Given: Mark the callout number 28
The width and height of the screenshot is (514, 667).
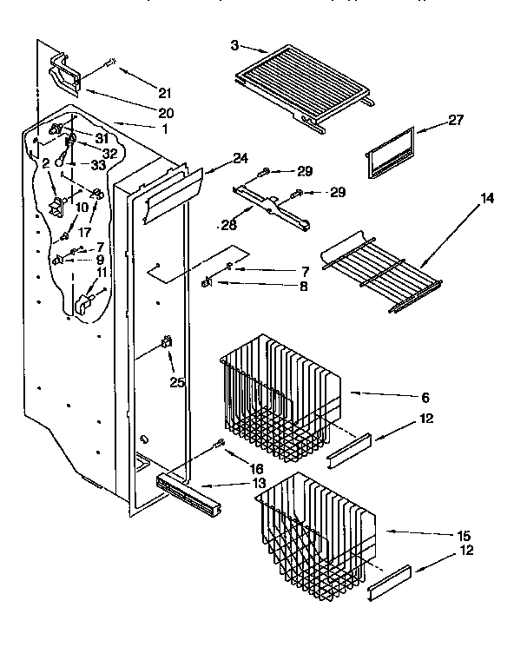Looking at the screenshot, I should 228,225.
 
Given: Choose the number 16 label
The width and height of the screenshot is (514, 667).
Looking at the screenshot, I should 233,468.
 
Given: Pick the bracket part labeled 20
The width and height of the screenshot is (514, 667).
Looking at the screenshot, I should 68,71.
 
